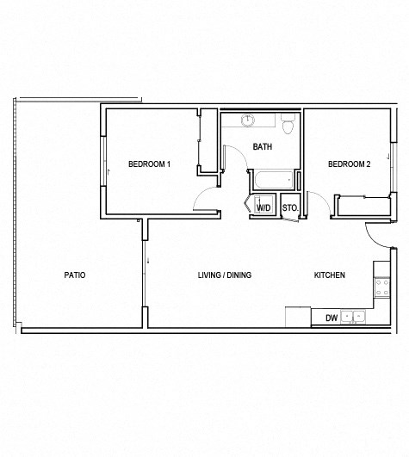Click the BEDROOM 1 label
pos(148,164)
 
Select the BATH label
pos(262,146)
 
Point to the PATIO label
pos(75,275)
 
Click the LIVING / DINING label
pos(224,275)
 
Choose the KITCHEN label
pos(329,275)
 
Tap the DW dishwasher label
pos(331,318)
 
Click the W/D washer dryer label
pos(264,207)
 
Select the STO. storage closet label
pos(289,207)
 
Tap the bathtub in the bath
pos(270,182)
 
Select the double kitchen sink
pos(353,317)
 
